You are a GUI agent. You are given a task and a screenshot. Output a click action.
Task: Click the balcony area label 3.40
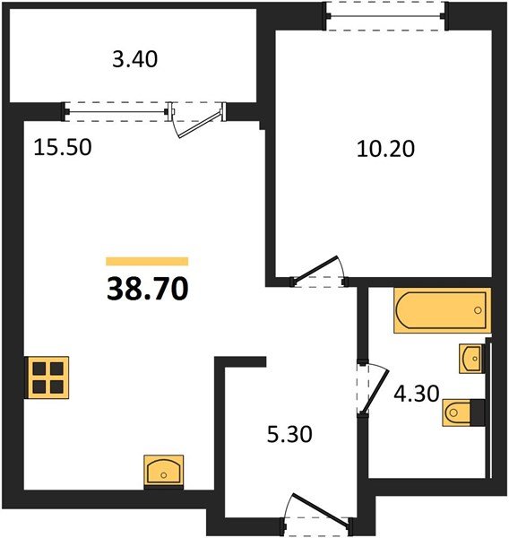pos(135,59)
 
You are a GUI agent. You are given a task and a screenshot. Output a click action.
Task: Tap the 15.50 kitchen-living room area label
pos(63,148)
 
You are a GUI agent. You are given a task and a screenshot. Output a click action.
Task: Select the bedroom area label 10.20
pos(385,149)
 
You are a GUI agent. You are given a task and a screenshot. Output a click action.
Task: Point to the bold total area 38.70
pos(148,289)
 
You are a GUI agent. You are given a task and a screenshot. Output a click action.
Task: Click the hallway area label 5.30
pos(289,434)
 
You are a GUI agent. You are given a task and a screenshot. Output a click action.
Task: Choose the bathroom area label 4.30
pos(417,394)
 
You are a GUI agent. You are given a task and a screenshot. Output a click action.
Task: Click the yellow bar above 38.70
pos(147,262)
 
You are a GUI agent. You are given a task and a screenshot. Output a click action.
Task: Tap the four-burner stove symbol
pos(47,377)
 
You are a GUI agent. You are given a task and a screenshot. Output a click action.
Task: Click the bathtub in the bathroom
pos(443,310)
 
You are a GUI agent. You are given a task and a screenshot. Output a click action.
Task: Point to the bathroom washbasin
pos(471,359)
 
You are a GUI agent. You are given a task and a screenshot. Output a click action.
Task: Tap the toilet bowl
pos(456,412)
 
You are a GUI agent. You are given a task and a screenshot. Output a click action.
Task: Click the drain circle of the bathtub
pos(478,310)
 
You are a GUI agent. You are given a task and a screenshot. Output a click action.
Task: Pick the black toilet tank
pos(478,412)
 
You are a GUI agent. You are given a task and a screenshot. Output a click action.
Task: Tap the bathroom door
pos(375,392)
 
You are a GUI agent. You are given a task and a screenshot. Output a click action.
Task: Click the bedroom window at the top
pos(386,16)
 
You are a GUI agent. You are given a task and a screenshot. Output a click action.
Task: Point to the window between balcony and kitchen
pos(116,111)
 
